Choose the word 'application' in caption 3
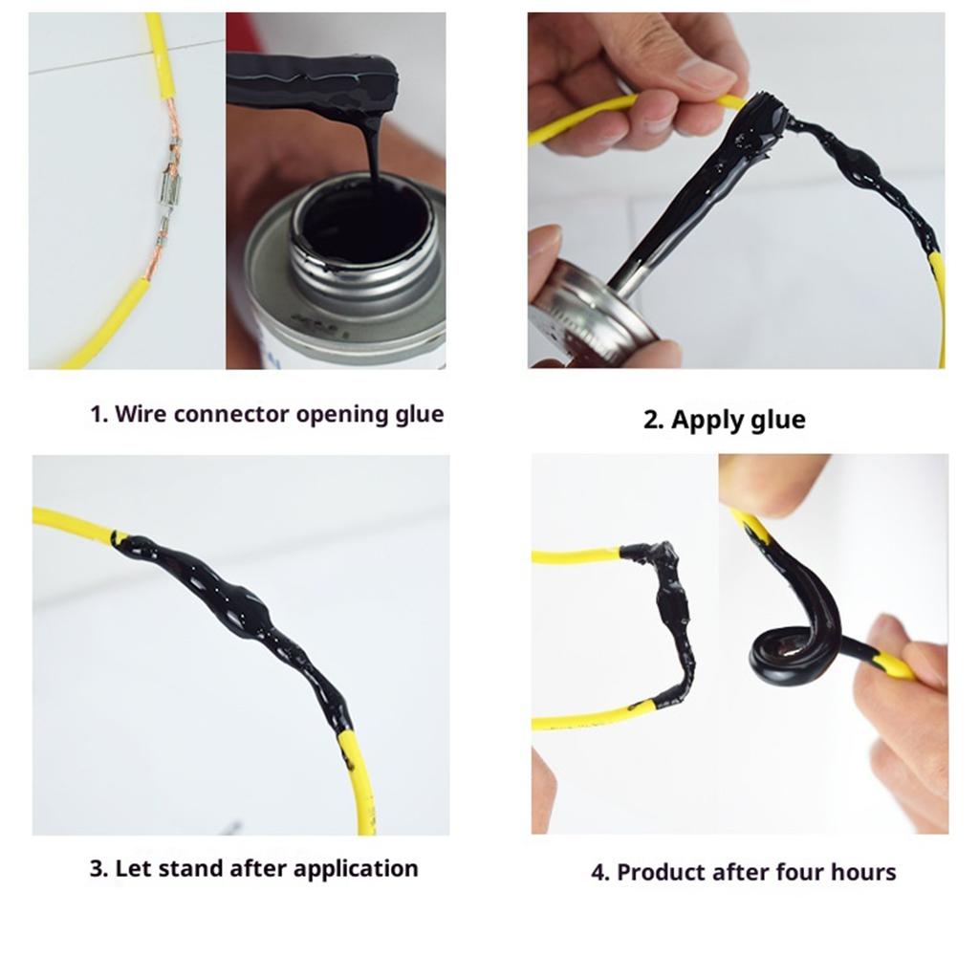[x=355, y=869]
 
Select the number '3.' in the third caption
[x=98, y=869]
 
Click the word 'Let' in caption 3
[x=133, y=869]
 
